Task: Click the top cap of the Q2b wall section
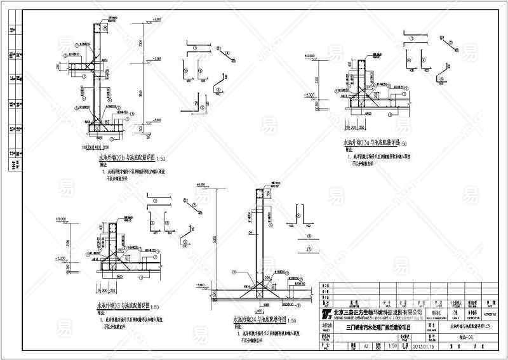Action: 97,29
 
